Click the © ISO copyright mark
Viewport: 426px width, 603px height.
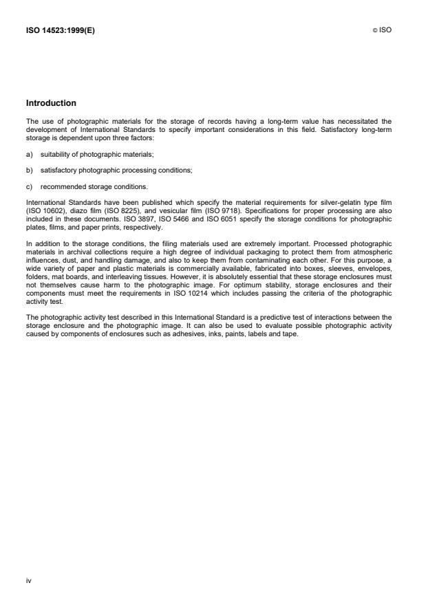(x=383, y=30)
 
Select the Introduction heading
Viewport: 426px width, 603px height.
(x=51, y=103)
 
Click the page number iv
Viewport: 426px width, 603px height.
(x=28, y=580)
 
